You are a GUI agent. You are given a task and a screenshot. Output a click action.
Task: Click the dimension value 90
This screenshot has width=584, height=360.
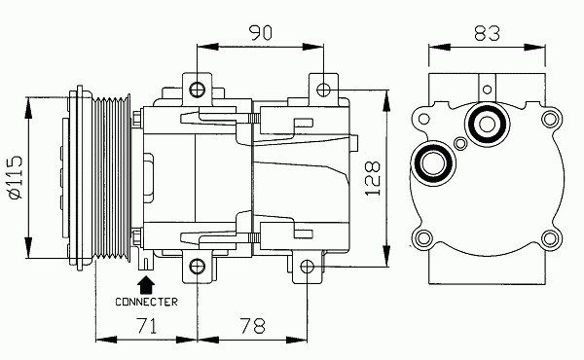pos(261,33)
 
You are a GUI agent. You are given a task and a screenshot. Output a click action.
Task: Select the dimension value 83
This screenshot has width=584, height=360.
pos(487,33)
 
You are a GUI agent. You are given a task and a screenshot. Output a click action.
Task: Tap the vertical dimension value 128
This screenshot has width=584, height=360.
pos(373,178)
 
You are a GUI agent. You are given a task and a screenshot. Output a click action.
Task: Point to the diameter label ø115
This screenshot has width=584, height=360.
pos(16,178)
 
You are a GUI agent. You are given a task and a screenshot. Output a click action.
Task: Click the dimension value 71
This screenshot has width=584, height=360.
pos(147,326)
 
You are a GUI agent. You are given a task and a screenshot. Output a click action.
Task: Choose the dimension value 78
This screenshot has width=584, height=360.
pos(252,326)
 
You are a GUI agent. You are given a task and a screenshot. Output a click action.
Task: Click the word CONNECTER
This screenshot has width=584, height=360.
pos(146,302)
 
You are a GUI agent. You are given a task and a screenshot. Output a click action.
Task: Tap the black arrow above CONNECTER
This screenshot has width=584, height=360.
pos(146,285)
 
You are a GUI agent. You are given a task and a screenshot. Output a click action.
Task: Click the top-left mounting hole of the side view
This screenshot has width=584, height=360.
pos(197,90)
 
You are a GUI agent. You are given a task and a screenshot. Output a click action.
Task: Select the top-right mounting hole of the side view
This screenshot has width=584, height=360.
pos(323,90)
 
